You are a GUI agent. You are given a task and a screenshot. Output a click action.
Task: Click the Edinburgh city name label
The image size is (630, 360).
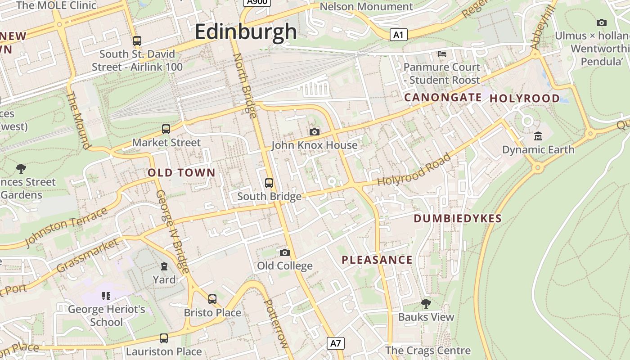[x=246, y=32]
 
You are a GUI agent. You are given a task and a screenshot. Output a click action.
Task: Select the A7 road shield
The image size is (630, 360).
[x=336, y=343]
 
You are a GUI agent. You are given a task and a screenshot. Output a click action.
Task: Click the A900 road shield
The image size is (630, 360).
[x=256, y=2]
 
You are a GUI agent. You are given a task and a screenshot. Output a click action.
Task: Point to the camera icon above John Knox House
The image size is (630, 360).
[x=315, y=132]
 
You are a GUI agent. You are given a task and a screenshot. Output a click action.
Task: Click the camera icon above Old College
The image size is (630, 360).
[x=284, y=252]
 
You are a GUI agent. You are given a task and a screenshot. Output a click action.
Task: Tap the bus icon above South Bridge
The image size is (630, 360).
[x=269, y=183]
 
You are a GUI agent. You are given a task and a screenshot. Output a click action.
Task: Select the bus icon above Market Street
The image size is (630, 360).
[x=166, y=129]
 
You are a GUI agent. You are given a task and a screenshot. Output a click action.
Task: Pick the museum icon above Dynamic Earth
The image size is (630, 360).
[x=538, y=136]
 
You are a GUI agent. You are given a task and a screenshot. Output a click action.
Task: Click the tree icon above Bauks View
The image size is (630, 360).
[x=426, y=303]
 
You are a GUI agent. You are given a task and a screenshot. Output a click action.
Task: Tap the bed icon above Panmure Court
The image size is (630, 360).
[x=442, y=54]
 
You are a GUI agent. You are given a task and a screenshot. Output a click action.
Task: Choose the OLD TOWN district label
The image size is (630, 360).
[x=181, y=173]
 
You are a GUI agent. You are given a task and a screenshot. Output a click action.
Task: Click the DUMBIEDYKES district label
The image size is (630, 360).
[x=457, y=219]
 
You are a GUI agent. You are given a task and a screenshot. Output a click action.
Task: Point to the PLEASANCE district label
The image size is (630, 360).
[x=377, y=260]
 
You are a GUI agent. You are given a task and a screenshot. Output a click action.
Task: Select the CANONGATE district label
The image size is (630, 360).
[x=443, y=98]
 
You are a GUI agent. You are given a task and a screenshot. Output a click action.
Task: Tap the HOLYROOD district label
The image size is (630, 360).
[x=524, y=99]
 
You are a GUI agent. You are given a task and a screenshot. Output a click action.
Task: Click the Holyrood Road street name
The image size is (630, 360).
[x=414, y=171]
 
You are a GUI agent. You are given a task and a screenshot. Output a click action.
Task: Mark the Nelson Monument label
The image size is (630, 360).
[x=366, y=7]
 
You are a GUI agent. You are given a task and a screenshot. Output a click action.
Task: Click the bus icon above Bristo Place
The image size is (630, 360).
[x=212, y=299]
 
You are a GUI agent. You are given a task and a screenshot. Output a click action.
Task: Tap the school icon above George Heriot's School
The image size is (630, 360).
[x=106, y=296]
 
